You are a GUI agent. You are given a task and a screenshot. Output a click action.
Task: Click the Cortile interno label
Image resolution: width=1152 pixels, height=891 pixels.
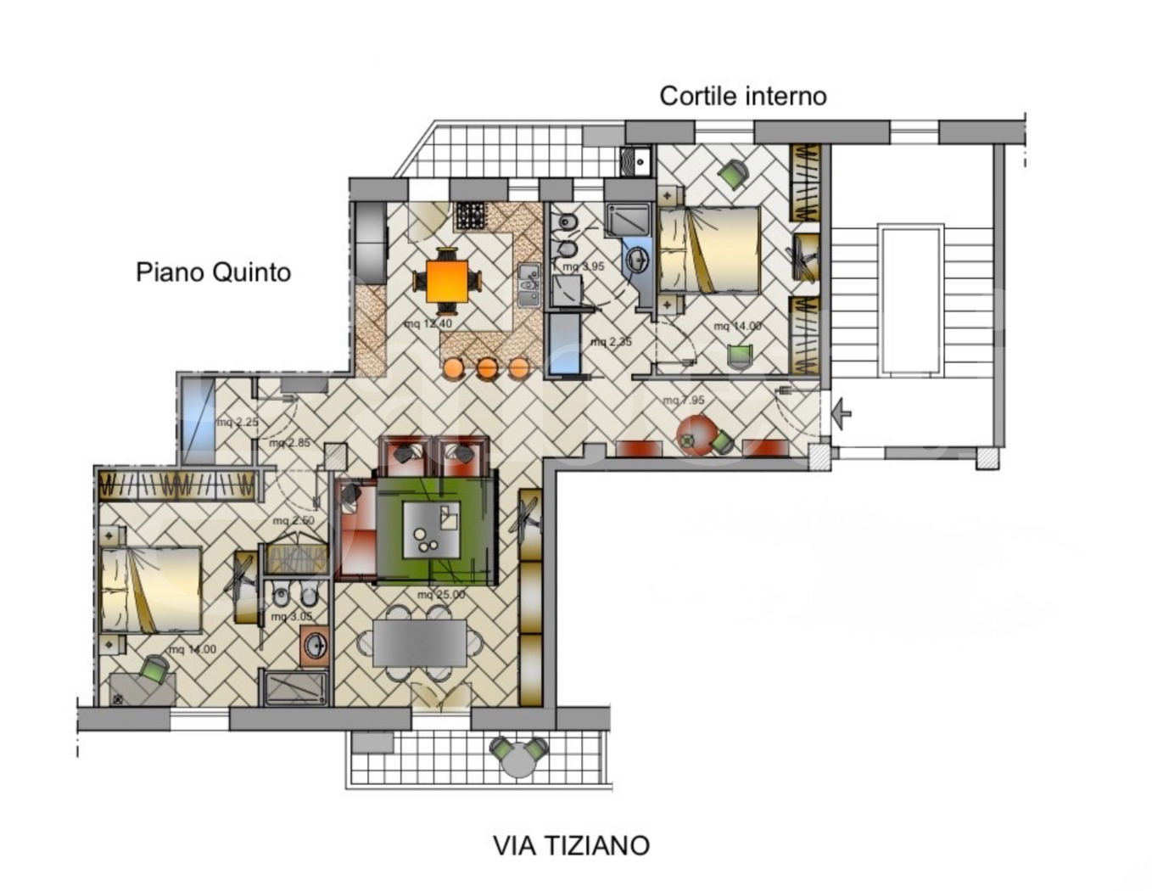[x=742, y=96]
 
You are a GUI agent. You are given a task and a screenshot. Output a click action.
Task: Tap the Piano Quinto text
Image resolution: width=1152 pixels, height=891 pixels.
[x=213, y=272]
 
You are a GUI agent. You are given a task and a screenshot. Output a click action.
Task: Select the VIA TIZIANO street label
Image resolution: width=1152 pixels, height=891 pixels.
[x=571, y=845]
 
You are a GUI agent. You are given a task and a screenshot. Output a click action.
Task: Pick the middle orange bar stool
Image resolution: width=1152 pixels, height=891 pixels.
[x=487, y=367]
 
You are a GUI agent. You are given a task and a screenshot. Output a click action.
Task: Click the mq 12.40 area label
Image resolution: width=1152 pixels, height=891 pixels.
[x=428, y=323]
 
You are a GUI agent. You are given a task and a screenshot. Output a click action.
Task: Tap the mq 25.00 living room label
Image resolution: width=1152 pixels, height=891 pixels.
[x=440, y=595]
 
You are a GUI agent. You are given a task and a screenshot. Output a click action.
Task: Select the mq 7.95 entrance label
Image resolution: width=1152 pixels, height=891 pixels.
[x=684, y=401]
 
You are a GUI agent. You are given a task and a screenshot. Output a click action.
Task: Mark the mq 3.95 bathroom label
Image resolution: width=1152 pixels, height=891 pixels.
[x=584, y=266]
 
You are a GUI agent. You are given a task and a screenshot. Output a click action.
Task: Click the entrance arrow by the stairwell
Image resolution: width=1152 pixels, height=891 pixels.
[x=842, y=414]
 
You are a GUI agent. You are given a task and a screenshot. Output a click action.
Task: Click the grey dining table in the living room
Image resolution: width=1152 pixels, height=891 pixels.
[x=420, y=642]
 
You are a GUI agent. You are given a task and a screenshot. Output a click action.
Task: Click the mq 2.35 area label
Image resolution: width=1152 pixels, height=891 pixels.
[x=611, y=342]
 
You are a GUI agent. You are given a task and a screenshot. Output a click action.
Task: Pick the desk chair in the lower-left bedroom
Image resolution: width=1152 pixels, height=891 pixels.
[x=154, y=670]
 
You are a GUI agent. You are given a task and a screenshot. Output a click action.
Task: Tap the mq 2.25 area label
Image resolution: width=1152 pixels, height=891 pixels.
[x=237, y=422]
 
